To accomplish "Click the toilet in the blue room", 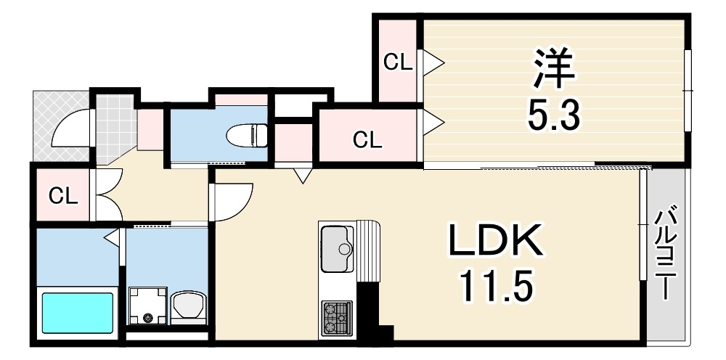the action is [x=248, y=135].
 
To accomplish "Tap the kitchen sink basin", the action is [x=337, y=249].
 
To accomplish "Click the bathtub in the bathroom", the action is [x=78, y=312].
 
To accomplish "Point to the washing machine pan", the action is [x=147, y=306].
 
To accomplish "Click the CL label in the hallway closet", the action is [x=63, y=197].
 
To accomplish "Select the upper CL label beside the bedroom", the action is [x=398, y=62].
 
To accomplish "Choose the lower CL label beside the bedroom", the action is [x=367, y=140].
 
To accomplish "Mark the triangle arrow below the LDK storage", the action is [x=303, y=176].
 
